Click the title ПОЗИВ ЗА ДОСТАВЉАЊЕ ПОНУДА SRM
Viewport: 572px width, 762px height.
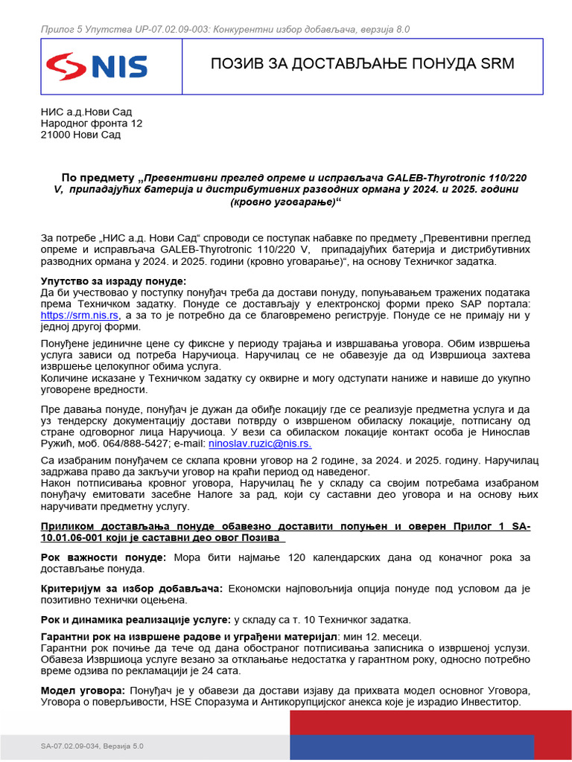(x=362, y=63)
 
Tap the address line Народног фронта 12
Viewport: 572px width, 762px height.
(x=92, y=124)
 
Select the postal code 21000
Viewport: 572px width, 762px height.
(x=56, y=135)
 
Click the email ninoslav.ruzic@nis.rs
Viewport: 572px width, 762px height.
(x=260, y=443)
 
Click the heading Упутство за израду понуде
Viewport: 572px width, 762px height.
(x=113, y=281)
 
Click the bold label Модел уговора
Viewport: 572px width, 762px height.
(x=83, y=691)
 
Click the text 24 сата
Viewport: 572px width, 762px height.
(x=220, y=670)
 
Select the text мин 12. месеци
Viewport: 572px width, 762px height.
(x=381, y=636)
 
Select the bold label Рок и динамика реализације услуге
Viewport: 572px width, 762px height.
(x=136, y=619)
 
